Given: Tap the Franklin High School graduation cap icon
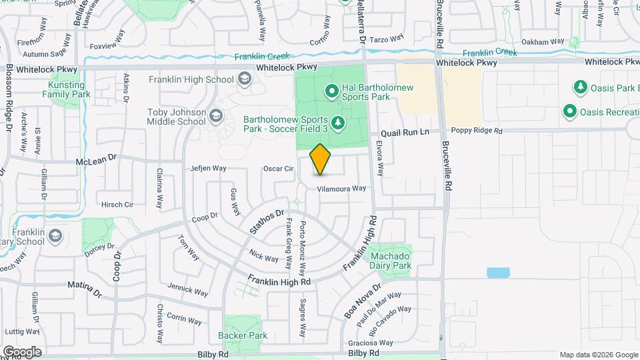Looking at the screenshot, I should [245, 80].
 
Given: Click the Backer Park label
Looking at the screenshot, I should [243, 335].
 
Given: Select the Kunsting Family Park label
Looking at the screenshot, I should [67, 89].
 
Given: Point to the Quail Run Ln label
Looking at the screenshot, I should [405, 132].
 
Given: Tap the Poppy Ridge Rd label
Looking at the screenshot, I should [477, 131].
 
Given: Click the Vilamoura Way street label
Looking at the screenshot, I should [341, 189].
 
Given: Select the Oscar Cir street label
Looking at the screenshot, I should [279, 169].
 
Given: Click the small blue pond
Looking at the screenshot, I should [498, 272].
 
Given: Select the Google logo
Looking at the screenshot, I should [22, 352].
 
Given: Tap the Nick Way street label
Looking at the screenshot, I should [263, 256].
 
